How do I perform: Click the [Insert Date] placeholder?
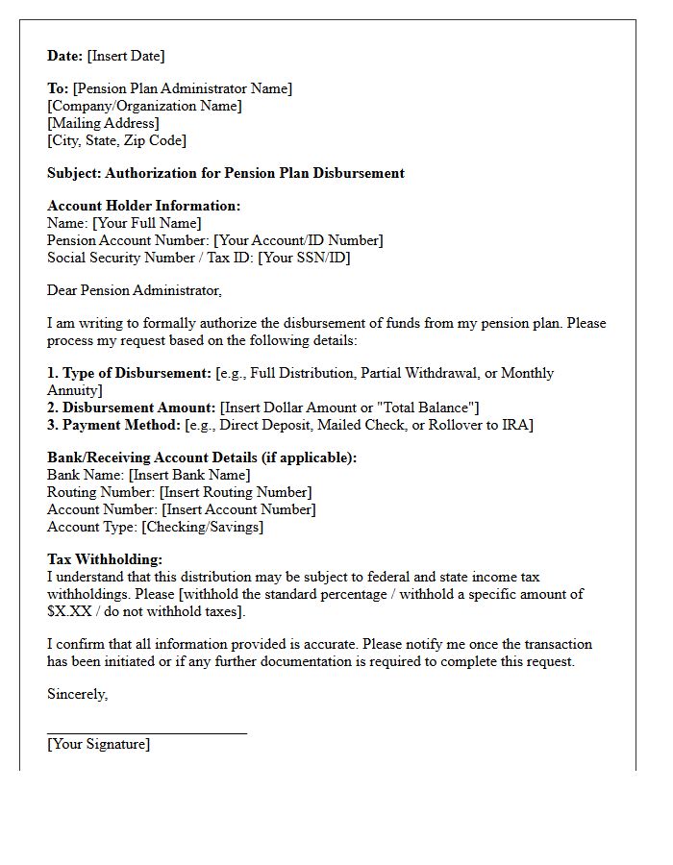(x=126, y=56)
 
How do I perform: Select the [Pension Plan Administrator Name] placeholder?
(x=183, y=88)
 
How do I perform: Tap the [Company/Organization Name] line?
(x=144, y=106)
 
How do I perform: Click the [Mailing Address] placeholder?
(x=103, y=123)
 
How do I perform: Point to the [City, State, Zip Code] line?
(x=116, y=140)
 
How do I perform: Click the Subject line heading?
(x=226, y=173)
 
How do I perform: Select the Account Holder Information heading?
(x=143, y=206)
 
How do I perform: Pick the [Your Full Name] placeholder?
(x=146, y=223)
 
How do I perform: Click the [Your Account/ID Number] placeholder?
(x=298, y=240)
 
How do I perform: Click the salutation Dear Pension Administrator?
(x=135, y=290)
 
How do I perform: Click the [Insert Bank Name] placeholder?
(x=188, y=475)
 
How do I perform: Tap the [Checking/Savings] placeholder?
(x=202, y=527)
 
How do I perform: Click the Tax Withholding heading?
(x=105, y=559)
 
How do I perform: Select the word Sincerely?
(x=77, y=694)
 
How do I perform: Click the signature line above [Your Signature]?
(x=147, y=732)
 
